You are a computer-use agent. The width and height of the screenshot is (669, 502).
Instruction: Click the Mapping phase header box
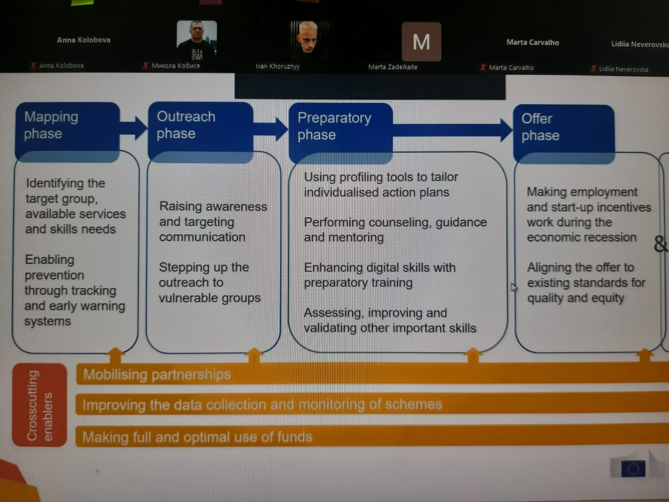point(67,125)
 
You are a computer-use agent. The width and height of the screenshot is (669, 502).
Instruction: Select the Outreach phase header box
point(200,125)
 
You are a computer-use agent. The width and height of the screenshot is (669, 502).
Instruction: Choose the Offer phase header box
point(563,128)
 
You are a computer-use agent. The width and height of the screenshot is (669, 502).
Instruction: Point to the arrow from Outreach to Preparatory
point(272,129)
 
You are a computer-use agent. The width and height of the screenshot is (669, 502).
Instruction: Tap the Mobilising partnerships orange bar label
point(157,374)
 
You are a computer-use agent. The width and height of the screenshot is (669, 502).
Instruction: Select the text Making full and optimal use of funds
point(197,437)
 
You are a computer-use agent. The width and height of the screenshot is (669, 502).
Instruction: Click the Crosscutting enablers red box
point(39,405)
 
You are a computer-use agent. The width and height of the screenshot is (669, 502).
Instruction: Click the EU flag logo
point(633,468)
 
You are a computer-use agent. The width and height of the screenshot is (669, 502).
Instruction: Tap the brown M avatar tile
point(421,42)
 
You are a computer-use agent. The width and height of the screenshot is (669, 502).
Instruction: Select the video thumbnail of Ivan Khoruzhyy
point(309,41)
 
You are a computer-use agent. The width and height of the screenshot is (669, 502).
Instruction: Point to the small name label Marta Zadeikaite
point(393,67)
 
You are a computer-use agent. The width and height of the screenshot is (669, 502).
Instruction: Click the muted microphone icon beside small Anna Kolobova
point(33,65)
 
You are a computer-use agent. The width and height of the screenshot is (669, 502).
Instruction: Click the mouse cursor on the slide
point(513,287)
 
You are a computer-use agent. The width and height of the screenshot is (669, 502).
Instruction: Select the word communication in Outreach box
point(202,237)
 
